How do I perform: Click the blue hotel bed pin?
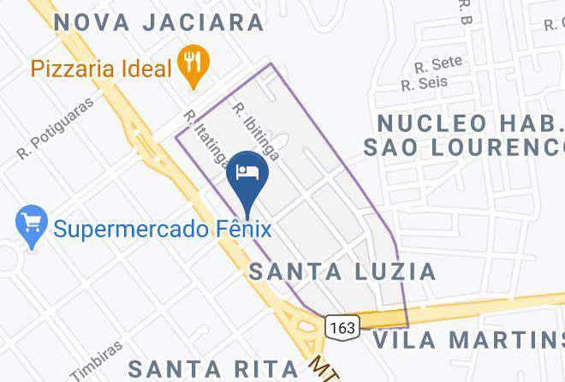coord(249,173)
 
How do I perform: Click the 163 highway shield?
coord(341,326)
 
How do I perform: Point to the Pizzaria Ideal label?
coord(101,68)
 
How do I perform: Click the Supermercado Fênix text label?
coord(162,229)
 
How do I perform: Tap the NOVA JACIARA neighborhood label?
coord(159,22)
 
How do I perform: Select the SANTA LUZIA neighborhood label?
coord(342,272)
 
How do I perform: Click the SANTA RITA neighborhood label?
coord(213,368)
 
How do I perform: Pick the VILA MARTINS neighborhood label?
coord(467,340)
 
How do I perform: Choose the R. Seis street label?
coord(420,84)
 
